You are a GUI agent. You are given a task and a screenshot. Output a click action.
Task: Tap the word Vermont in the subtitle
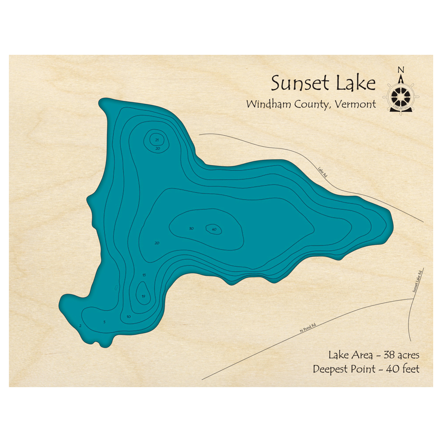(x=356, y=104)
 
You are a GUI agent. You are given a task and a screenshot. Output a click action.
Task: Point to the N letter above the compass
(x=401, y=69)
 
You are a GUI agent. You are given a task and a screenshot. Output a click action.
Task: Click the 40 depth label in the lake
(x=214, y=229)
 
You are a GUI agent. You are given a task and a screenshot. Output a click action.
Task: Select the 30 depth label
(x=191, y=229)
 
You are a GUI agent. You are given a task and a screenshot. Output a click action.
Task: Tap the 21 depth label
(x=157, y=140)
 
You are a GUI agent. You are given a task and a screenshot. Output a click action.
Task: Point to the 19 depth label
(x=143, y=296)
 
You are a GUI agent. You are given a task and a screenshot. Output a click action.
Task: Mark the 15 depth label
(x=144, y=275)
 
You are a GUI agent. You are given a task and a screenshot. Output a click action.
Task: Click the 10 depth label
(x=129, y=316)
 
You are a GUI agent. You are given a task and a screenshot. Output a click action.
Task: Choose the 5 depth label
(x=104, y=322)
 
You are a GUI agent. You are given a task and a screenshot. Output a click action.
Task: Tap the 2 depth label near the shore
(x=80, y=326)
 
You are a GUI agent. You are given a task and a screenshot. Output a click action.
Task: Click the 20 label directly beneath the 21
(x=157, y=149)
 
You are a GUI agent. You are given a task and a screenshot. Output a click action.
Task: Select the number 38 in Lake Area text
(x=387, y=355)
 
